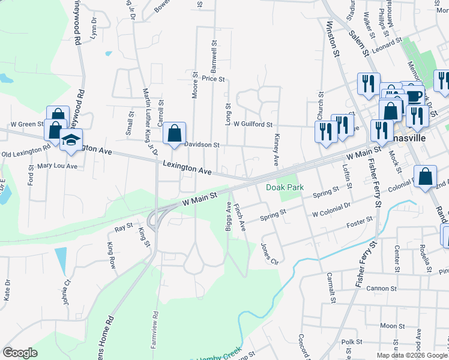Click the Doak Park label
tap(285, 188)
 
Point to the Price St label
tap(213, 79)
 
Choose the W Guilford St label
tap(253, 125)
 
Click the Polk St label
tap(349, 342)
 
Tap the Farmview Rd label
tap(155, 331)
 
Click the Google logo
tap(20, 353)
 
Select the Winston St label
tap(332, 40)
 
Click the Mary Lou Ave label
tap(57, 166)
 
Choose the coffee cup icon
tap(414, 96)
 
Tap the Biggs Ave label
tap(228, 217)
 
